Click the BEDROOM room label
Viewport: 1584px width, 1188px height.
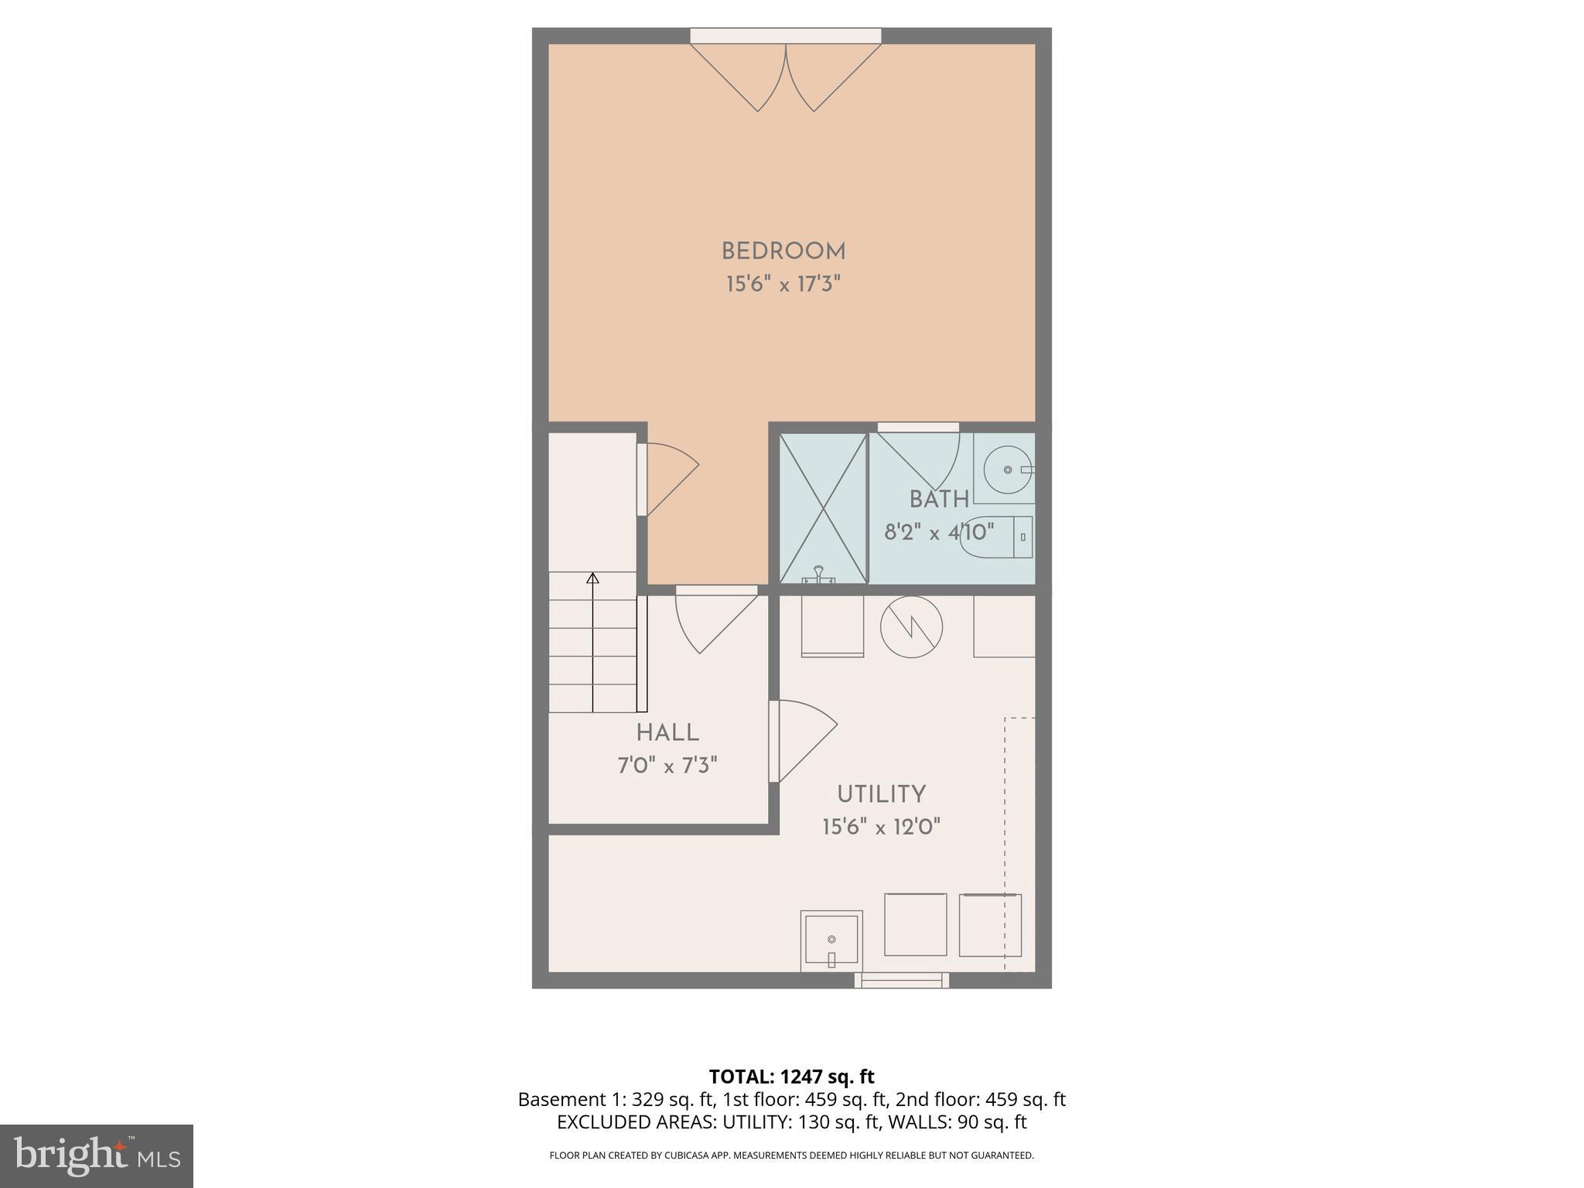click(x=783, y=251)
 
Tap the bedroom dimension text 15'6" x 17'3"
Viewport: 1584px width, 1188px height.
click(x=783, y=285)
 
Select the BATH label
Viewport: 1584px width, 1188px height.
click(x=939, y=500)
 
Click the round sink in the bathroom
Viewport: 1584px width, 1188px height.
click(x=1008, y=469)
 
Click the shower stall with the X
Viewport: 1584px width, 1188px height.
click(x=823, y=508)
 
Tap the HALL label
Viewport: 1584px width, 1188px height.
click(x=667, y=732)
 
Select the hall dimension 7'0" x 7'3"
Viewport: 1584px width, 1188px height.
click(x=667, y=766)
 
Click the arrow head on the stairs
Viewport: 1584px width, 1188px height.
click(x=592, y=578)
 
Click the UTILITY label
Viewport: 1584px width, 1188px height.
click(x=881, y=794)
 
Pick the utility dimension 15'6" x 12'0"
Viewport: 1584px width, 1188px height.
click(x=881, y=828)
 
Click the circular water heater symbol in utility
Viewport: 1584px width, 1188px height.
click(x=911, y=626)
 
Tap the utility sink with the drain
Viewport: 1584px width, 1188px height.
click(x=831, y=940)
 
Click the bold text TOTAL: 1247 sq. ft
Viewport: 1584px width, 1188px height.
click(x=791, y=1077)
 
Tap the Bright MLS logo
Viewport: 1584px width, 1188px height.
click(x=97, y=1156)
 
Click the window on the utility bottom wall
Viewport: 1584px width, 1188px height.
click(x=901, y=980)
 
